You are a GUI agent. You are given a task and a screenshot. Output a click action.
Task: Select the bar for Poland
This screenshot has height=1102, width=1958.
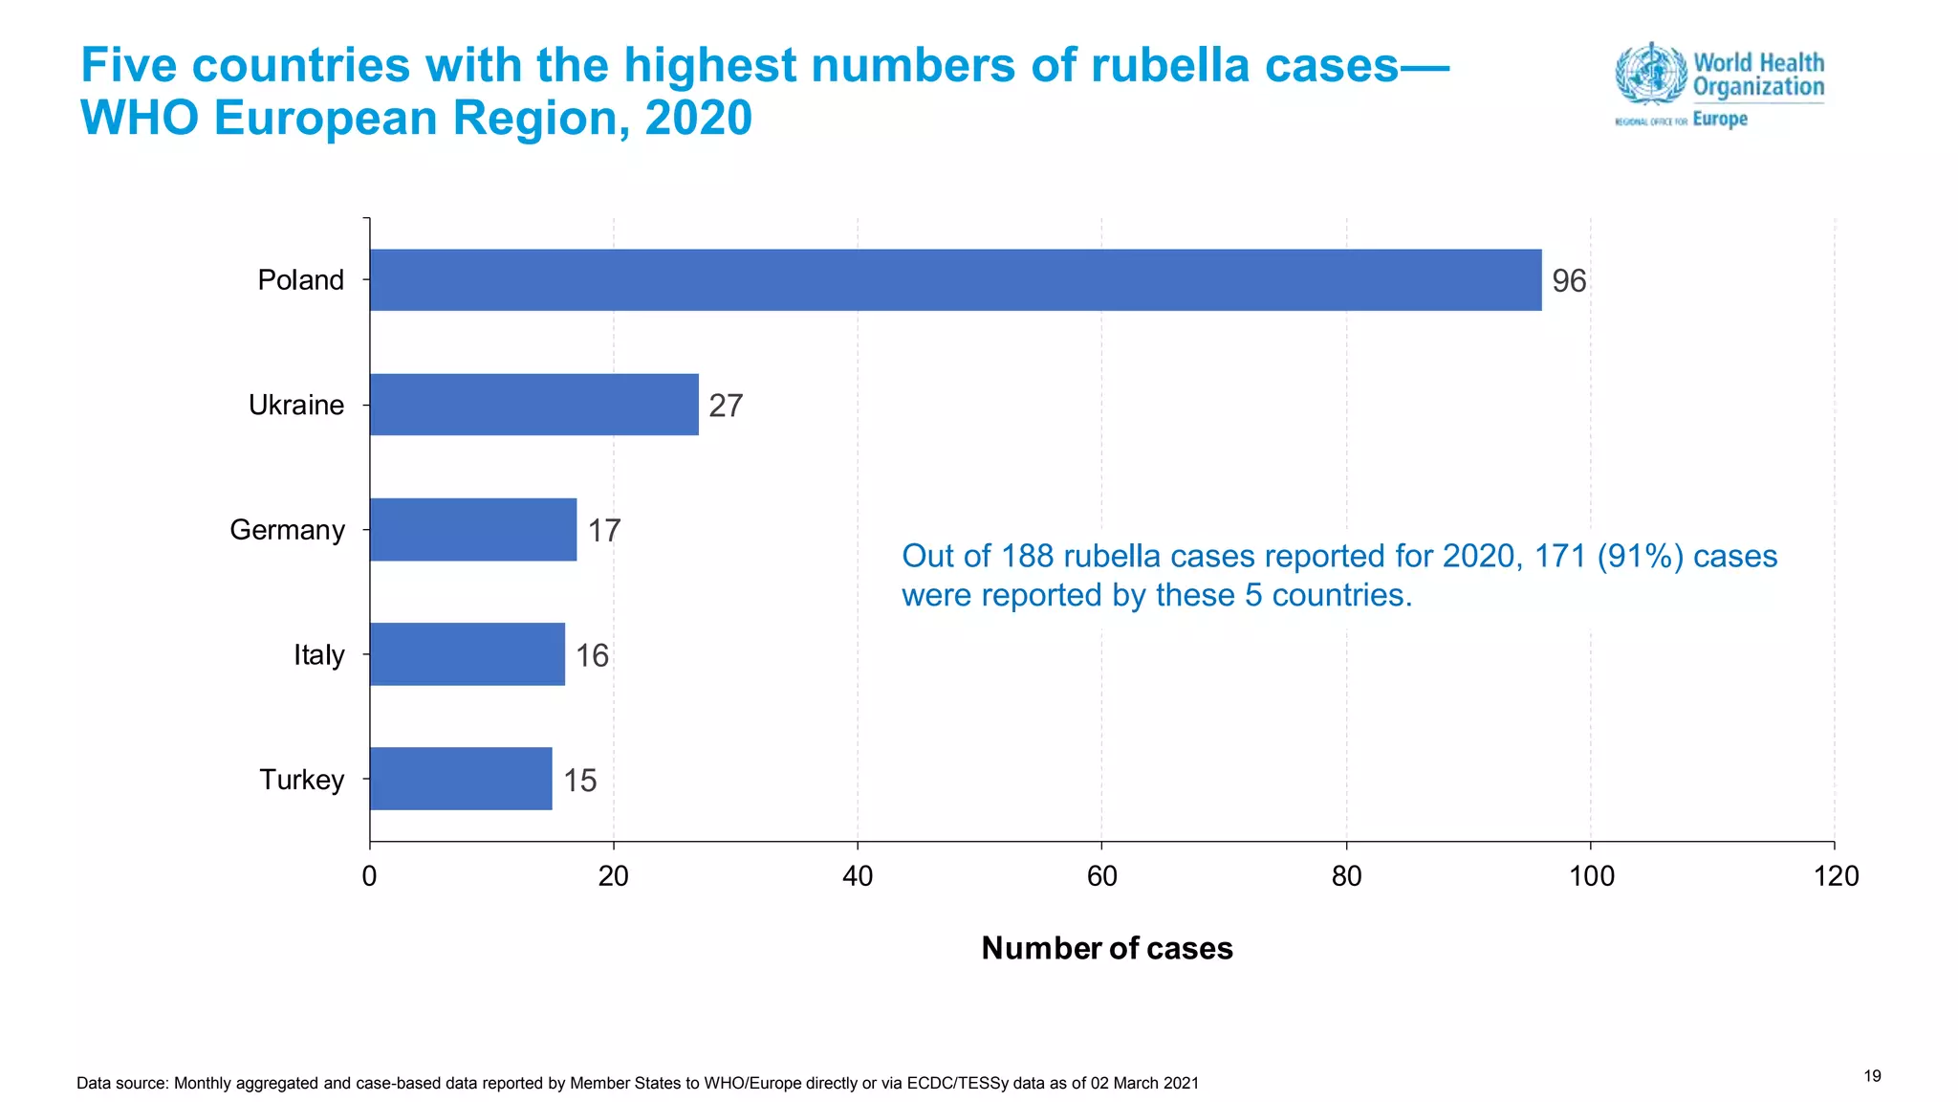pyautogui.click(x=955, y=279)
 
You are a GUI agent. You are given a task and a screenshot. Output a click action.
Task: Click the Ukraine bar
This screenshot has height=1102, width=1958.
pyautogui.click(x=533, y=405)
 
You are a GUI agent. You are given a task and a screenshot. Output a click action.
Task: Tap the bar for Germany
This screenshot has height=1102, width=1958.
pyautogui.click(x=472, y=529)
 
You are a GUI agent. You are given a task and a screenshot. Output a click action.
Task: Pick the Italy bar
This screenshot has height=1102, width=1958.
pyautogui.click(x=467, y=654)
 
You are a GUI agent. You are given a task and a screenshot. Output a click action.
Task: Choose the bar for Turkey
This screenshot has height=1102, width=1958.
pyautogui.click(x=461, y=779)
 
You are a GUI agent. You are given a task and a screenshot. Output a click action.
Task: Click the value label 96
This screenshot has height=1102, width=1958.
pyautogui.click(x=1569, y=281)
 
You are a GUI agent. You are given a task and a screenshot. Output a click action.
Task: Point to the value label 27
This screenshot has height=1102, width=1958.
pyautogui.click(x=726, y=406)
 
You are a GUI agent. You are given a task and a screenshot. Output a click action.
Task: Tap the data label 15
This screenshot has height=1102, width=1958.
pyautogui.click(x=579, y=781)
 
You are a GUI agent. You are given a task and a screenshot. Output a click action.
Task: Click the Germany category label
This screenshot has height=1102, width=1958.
pyautogui.click(x=287, y=530)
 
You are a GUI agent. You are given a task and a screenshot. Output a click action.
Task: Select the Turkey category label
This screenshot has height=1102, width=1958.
pyautogui.click(x=301, y=780)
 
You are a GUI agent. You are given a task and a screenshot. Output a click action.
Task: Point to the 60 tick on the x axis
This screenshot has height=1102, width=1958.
pyautogui.click(x=1101, y=876)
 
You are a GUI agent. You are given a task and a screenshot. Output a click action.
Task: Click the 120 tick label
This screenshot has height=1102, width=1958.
pyautogui.click(x=1836, y=876)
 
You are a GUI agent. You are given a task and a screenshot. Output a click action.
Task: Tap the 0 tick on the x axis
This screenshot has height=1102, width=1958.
pyautogui.click(x=369, y=876)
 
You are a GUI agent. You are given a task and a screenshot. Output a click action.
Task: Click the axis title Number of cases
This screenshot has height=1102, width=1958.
pyautogui.click(x=1107, y=948)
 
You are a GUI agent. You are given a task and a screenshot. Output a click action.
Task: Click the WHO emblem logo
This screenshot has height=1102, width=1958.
pyautogui.click(x=1650, y=73)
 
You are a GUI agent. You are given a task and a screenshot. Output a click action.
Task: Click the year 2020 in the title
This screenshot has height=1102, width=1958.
pyautogui.click(x=698, y=119)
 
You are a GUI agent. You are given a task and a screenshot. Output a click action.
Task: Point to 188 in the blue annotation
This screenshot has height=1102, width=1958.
pyautogui.click(x=1027, y=556)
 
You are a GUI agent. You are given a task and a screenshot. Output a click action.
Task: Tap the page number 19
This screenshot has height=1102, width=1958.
pyautogui.click(x=1872, y=1076)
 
